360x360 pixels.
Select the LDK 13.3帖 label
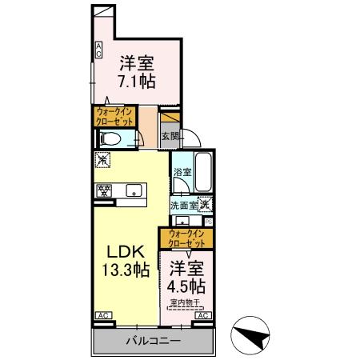pyautogui.click(x=123, y=261)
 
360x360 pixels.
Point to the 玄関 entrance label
pyautogui.click(x=170, y=136)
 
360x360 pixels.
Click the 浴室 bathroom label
pyautogui.click(x=182, y=173)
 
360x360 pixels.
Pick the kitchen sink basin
pyautogui.click(x=134, y=191)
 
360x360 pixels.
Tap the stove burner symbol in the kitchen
pyautogui.click(x=104, y=191)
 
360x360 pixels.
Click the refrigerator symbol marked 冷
pyautogui.click(x=102, y=160)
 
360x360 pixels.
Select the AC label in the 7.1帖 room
pyautogui.click(x=98, y=50)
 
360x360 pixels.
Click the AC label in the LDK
pyautogui.click(x=102, y=316)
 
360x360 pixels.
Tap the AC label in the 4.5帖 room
pyautogui.click(x=202, y=316)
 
